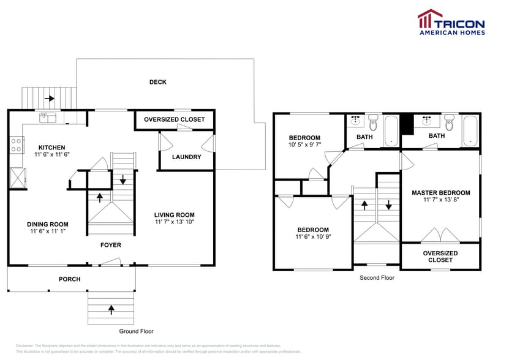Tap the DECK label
[157, 82]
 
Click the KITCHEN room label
[51, 148]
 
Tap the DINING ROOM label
[48, 224]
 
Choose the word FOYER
[111, 245]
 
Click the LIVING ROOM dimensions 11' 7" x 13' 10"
[174, 222]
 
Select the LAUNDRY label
[186, 157]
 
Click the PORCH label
[69, 279]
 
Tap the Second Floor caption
[377, 277]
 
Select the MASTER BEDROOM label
[440, 193]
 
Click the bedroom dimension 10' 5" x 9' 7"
[304, 145]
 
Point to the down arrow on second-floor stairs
[388, 204]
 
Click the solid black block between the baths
[405, 122]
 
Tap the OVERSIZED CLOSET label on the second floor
[440, 257]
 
